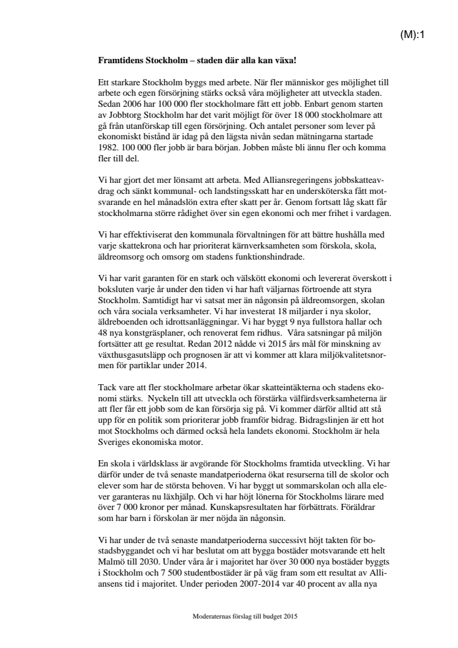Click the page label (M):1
pos(413,35)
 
